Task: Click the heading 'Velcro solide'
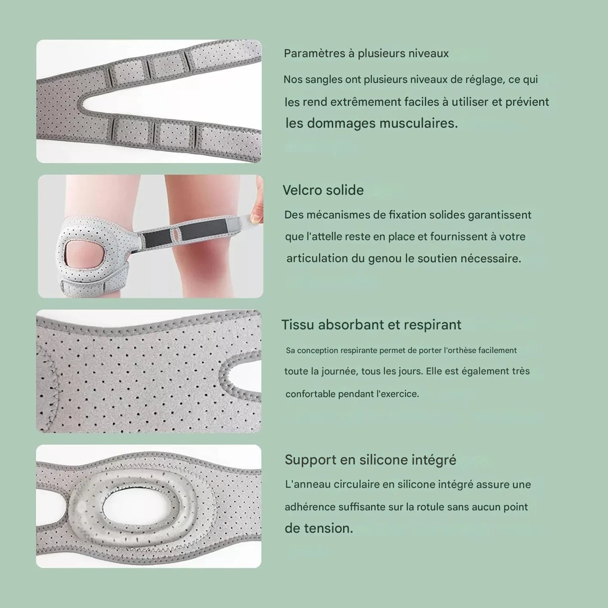tap(323, 190)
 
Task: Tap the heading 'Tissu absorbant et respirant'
tap(371, 325)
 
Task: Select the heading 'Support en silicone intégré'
tap(370, 460)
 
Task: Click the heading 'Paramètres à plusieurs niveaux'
tap(366, 54)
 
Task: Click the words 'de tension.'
tap(319, 528)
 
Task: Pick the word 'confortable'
tap(310, 394)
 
